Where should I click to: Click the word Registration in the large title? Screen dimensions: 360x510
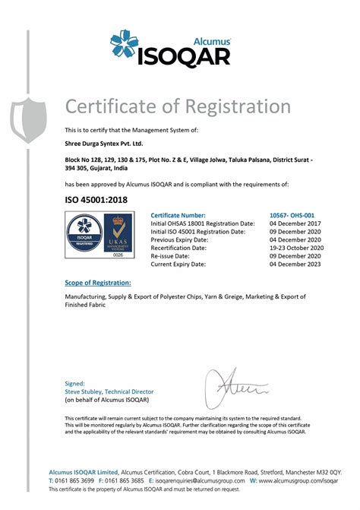(x=227, y=106)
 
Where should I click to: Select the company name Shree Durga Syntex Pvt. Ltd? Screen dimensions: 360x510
(x=104, y=143)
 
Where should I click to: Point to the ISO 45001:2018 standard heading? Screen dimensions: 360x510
(x=94, y=199)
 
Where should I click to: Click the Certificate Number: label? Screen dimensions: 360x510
(x=178, y=216)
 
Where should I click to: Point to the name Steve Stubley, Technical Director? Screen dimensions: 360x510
(x=109, y=391)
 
